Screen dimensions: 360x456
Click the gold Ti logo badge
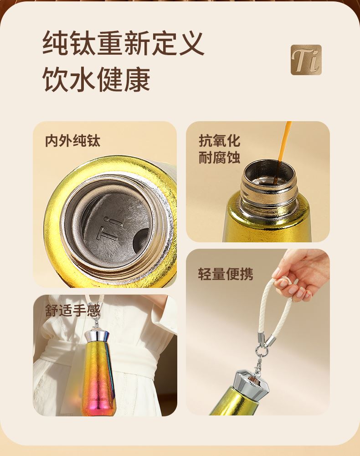click(306, 60)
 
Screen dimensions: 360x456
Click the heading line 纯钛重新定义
click(123, 44)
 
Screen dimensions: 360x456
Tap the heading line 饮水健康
click(96, 79)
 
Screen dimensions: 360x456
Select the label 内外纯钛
click(72, 141)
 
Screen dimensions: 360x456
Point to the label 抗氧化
click(220, 141)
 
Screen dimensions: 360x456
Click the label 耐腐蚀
click(220, 158)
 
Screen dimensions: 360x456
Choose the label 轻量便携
click(226, 274)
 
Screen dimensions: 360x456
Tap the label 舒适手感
click(72, 310)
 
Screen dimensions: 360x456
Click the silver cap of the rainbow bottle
click(96, 335)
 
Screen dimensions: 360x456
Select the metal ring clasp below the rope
click(261, 351)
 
